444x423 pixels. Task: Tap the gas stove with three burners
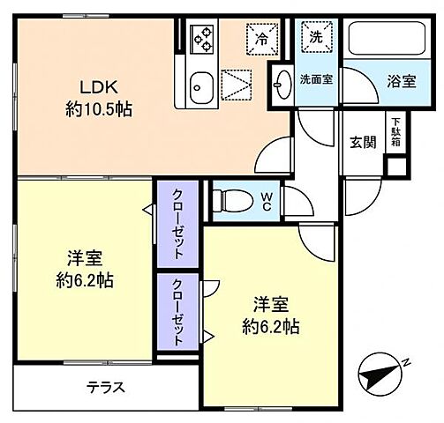[x=203, y=39]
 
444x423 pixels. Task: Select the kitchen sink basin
[x=199, y=86]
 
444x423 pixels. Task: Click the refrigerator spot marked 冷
[x=262, y=38]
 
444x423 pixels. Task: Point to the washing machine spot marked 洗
[x=315, y=37]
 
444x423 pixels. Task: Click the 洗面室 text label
[x=315, y=78]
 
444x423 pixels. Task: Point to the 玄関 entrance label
[x=363, y=141]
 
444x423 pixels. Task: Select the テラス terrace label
[x=105, y=387]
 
